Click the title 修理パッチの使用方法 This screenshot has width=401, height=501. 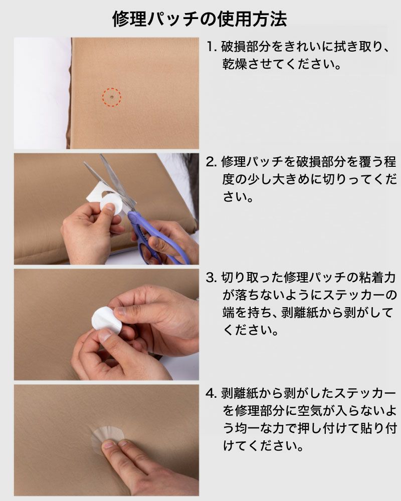199,19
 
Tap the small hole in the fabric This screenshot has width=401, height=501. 111,97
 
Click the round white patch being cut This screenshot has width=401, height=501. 112,205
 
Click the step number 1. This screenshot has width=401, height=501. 211,47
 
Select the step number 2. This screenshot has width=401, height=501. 212,162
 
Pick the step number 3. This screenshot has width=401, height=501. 212,278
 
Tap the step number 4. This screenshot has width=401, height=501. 212,393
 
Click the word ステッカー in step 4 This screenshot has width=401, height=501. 365,393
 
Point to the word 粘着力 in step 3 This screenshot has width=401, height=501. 377,278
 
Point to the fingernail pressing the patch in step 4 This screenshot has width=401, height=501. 108,444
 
